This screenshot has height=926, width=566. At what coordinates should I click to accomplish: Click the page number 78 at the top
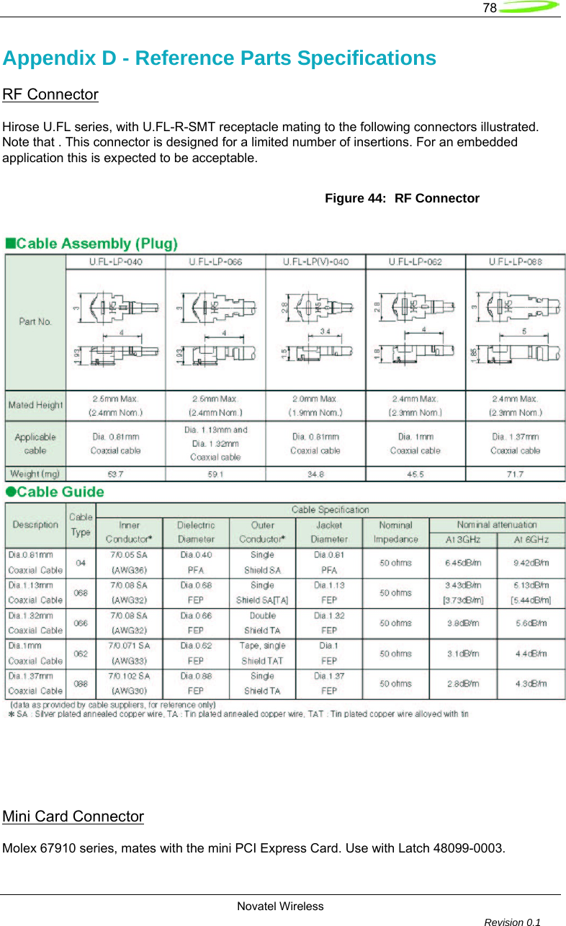[x=490, y=8]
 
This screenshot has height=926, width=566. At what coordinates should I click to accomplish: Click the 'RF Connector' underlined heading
[x=50, y=94]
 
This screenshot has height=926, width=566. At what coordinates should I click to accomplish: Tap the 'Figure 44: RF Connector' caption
[x=402, y=198]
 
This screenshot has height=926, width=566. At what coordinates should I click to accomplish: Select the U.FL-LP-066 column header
[x=215, y=262]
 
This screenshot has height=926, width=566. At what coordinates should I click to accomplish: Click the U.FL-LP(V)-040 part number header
[x=316, y=262]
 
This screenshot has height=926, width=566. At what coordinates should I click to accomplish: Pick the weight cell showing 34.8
[x=315, y=474]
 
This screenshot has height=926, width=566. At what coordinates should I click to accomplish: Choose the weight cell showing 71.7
[x=516, y=474]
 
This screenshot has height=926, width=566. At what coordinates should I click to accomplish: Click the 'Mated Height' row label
[x=35, y=405]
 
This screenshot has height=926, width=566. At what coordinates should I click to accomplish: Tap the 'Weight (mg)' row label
[x=35, y=474]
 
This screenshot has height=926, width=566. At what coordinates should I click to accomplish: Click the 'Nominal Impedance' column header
[x=395, y=532]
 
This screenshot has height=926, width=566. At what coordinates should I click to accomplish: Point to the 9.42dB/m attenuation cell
[x=531, y=562]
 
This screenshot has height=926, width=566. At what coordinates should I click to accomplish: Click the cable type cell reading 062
[x=81, y=654]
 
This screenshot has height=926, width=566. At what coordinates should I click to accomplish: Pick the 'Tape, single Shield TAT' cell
[x=263, y=653]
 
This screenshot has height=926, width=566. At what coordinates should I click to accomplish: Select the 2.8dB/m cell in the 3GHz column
[x=463, y=684]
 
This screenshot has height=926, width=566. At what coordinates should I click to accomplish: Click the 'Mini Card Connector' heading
[x=73, y=816]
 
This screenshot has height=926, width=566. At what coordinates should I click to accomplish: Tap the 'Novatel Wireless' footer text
[x=280, y=906]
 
